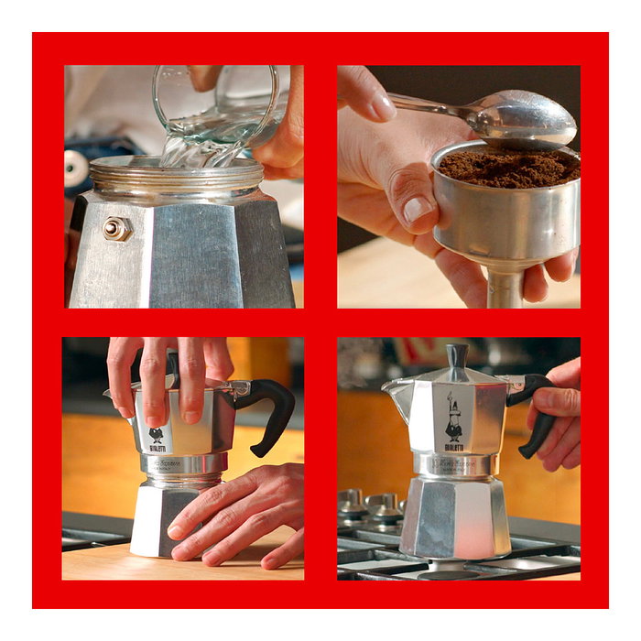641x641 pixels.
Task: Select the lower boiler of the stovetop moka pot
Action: click(455, 517)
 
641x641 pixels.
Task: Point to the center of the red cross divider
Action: click(320, 322)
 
